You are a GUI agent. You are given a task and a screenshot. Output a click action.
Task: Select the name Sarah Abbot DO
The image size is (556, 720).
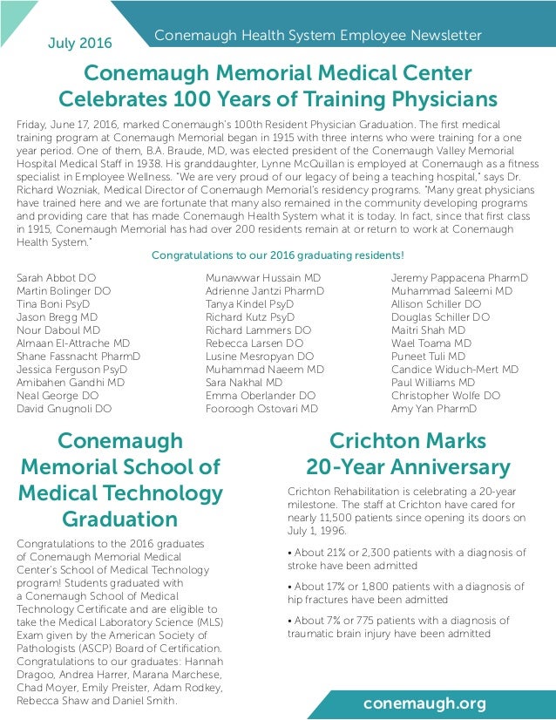coord(57,279)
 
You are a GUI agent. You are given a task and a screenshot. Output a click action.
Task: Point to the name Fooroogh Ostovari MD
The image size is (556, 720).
coord(261,408)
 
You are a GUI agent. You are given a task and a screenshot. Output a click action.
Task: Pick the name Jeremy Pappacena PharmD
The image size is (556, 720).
coord(459,279)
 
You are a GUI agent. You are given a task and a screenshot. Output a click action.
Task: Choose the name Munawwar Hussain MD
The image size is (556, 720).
coord(263,279)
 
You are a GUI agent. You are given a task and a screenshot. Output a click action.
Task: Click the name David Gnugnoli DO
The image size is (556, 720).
coord(64,408)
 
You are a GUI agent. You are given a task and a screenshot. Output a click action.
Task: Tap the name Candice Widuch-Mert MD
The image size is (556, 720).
coord(455,370)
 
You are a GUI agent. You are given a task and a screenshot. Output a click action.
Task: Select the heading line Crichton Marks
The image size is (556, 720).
coord(407,439)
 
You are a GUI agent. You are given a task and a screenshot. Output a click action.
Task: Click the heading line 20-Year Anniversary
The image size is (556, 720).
coord(407,467)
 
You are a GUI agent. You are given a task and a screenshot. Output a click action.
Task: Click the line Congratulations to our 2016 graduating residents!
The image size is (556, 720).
coord(278,255)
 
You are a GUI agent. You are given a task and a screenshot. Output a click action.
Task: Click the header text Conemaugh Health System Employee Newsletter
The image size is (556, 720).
coord(317,36)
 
